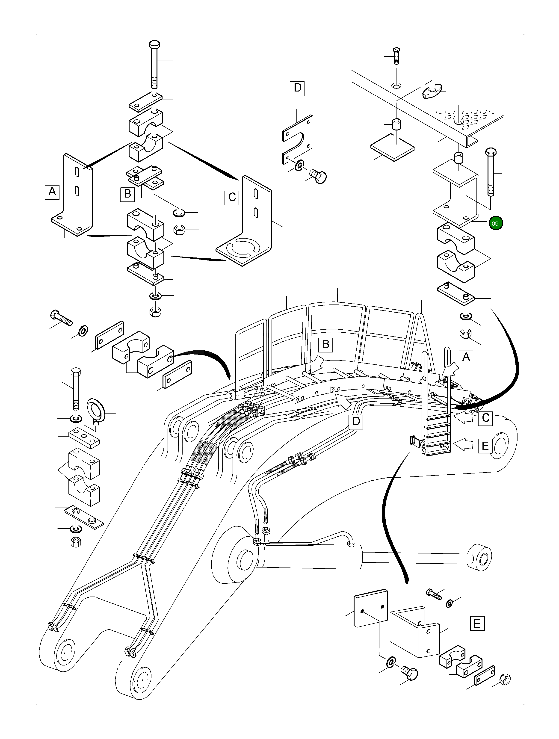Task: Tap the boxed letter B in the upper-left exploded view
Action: (127, 194)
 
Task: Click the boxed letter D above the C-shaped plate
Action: (297, 88)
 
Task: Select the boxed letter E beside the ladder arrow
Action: (485, 446)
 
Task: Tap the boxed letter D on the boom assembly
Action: (356, 421)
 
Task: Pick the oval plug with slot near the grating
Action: (432, 90)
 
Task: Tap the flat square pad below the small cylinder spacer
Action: (392, 148)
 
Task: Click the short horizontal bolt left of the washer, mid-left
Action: (61, 317)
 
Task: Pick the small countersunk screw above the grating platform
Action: (396, 56)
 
